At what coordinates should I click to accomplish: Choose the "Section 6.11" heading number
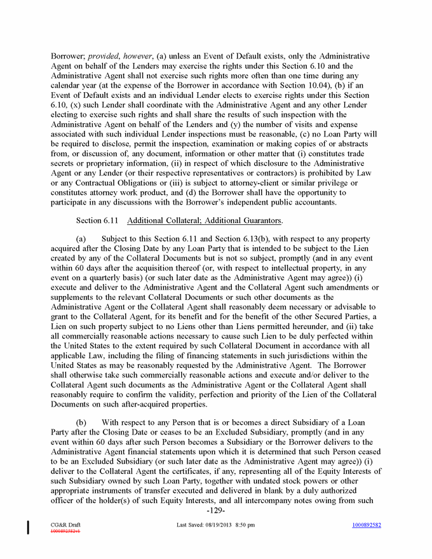97,220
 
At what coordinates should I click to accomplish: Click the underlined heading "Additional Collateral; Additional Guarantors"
205,220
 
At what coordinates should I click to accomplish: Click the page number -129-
216,511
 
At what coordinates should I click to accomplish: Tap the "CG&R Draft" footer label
64,525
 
